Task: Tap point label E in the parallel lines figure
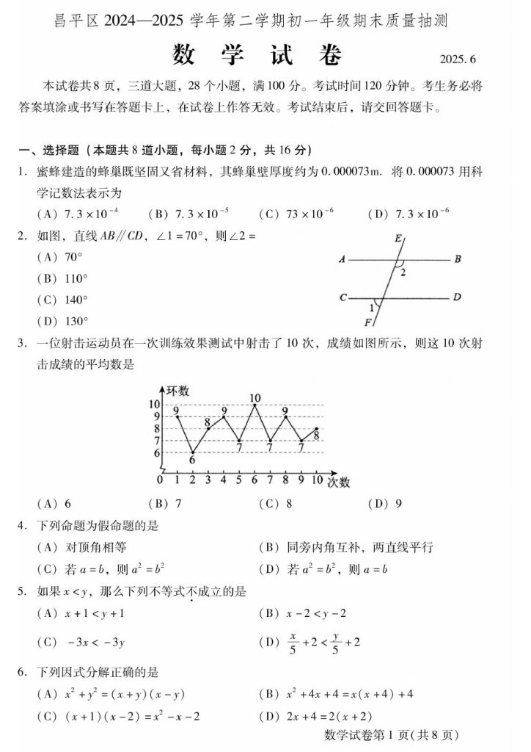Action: pos(398,238)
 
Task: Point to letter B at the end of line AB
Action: pos(457,259)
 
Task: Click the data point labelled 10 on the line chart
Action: pos(254,405)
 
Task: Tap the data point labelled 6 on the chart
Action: pos(192,452)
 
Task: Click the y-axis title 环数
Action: pos(177,390)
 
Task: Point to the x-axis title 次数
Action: pos(338,482)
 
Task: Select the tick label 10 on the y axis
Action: pos(155,405)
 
